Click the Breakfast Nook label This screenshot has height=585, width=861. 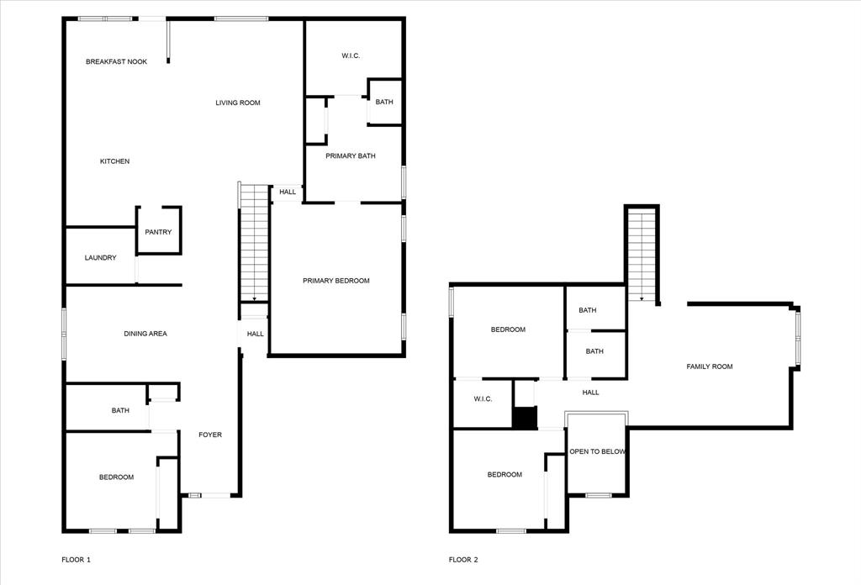[x=116, y=62]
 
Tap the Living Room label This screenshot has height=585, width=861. [x=238, y=103]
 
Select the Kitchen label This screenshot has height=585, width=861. [x=114, y=161]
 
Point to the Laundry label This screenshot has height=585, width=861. [x=101, y=258]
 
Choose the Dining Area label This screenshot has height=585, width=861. [x=145, y=334]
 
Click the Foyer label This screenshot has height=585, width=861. [x=210, y=435]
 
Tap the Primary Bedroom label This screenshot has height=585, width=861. [x=336, y=281]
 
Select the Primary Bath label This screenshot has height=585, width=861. [x=351, y=155]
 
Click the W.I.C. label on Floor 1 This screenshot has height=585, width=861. [x=351, y=56]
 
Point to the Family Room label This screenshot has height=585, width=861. [x=710, y=366]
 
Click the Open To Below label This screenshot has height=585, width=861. [x=597, y=451]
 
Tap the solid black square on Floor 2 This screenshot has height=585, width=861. [x=525, y=418]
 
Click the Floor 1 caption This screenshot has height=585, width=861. [x=76, y=560]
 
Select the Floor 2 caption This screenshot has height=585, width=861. [x=463, y=560]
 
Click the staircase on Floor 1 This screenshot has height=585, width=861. [x=254, y=243]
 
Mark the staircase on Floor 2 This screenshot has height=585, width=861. [x=642, y=256]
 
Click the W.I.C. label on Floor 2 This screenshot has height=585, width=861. [x=483, y=399]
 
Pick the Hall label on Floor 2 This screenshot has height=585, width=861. [x=591, y=393]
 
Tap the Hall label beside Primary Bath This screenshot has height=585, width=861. [x=288, y=192]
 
